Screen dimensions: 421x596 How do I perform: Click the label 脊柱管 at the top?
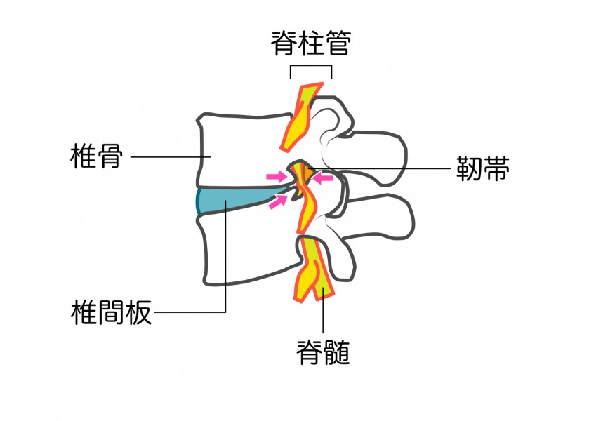310,44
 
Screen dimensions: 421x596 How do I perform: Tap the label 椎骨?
97,156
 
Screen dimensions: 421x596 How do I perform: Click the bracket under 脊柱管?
310,67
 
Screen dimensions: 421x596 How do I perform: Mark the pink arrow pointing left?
324,179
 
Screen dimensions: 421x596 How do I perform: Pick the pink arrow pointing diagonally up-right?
279,202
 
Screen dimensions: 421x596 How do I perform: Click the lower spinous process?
383,218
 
